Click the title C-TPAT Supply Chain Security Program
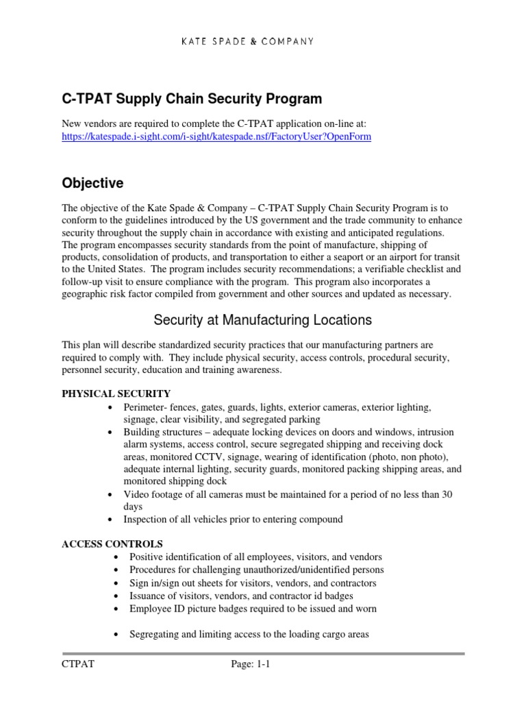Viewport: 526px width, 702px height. coord(192,99)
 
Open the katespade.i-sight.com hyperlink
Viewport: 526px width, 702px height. coord(216,136)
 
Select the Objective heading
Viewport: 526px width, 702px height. coord(92,184)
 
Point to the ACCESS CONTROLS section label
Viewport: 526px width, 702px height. coord(112,544)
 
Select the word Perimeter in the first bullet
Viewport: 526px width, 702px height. coord(147,407)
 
